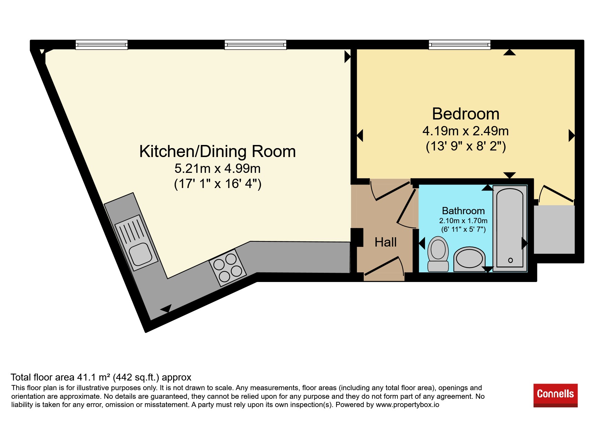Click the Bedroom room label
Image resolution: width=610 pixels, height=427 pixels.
465,114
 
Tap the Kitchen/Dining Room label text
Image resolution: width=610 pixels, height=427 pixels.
217,152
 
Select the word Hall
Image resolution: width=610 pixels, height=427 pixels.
385,242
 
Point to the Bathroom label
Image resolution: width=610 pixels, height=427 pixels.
463,211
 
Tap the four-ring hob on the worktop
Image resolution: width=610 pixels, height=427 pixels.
228,268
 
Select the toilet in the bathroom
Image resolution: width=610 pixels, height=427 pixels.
438,254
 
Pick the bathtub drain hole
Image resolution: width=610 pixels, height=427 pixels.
510,260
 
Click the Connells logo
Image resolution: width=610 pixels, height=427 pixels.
555,395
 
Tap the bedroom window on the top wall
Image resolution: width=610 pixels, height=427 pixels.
459,45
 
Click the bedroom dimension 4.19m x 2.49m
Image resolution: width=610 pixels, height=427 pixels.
465,131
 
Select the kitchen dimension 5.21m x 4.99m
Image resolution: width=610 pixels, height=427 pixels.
217,168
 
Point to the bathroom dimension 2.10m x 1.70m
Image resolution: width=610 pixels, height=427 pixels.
463,221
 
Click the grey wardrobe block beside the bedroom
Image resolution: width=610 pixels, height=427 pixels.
554,230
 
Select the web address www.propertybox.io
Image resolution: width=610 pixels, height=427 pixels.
407,405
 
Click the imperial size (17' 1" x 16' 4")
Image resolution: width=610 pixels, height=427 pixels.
218,184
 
